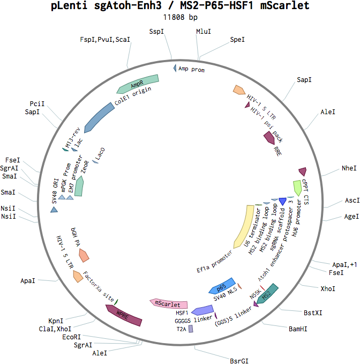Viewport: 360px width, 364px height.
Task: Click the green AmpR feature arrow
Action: [138, 84]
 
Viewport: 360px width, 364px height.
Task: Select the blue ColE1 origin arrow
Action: [99, 117]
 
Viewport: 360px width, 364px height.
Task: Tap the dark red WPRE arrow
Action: [124, 315]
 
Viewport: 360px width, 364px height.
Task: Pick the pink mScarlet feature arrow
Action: [169, 303]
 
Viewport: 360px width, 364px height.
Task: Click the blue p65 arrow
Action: [222, 286]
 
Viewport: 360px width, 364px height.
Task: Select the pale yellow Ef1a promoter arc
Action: [244, 227]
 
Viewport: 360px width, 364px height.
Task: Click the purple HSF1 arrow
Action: [202, 310]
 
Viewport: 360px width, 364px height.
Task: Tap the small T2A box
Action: [191, 329]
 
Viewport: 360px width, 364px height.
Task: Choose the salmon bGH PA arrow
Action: [84, 255]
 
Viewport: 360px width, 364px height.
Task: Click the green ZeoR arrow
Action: [79, 186]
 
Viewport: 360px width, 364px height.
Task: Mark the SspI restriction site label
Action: [156, 31]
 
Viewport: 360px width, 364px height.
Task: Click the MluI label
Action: [204, 31]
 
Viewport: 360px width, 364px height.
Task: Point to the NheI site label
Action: [349, 168]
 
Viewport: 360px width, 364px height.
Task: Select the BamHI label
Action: [298, 329]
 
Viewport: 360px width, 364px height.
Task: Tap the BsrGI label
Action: [239, 361]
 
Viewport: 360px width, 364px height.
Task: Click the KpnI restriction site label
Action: [56, 321]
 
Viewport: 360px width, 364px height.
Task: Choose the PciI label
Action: [37, 104]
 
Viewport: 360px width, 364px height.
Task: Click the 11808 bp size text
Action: [180, 17]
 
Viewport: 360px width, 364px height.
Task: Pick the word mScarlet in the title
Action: [285, 5]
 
